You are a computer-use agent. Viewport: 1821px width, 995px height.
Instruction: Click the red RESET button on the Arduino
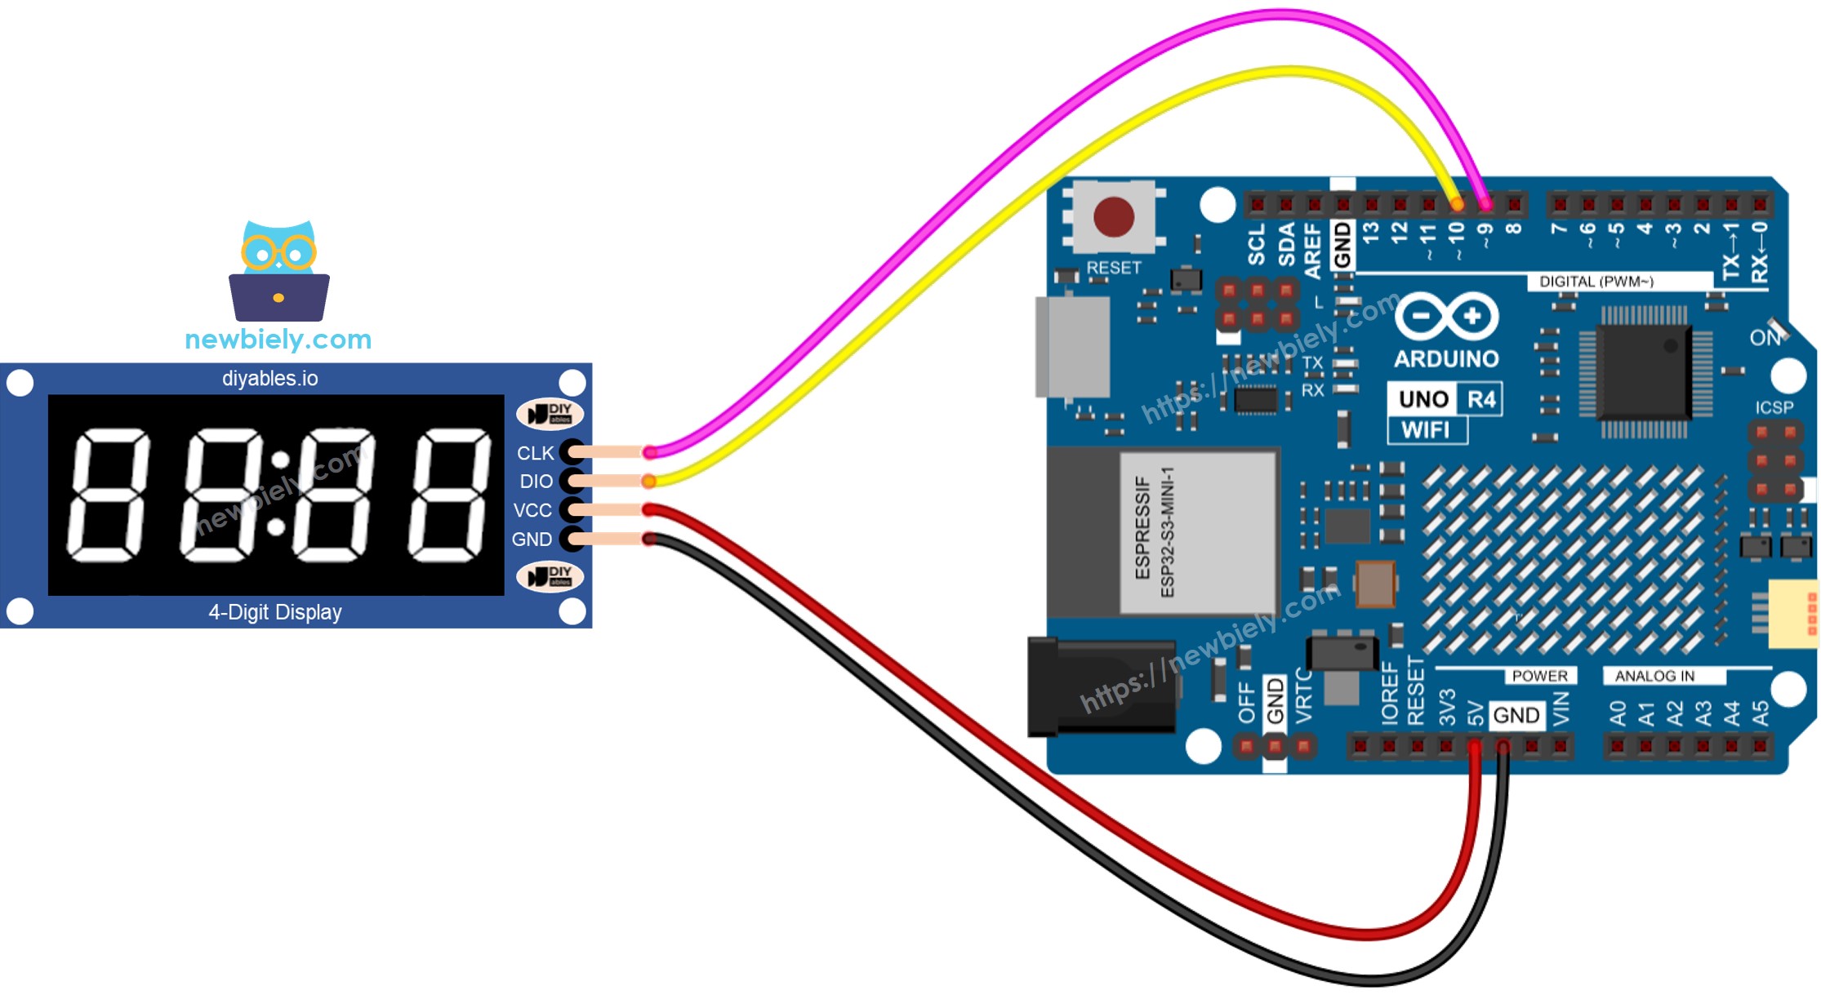point(1113,217)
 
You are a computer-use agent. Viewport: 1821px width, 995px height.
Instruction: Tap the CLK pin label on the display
point(535,453)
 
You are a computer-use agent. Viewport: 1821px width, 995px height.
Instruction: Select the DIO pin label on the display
point(536,482)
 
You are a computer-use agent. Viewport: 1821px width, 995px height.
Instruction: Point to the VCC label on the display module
point(532,510)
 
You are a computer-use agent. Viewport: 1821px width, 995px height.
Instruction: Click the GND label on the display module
point(532,540)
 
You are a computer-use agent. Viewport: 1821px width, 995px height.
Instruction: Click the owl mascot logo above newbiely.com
point(279,271)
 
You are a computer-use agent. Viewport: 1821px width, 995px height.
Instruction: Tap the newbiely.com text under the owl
point(278,339)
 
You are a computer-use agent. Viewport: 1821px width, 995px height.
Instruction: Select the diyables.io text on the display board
point(270,379)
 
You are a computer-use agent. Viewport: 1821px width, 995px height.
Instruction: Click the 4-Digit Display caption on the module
point(275,612)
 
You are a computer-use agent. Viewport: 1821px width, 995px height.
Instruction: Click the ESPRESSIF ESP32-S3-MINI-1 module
point(1196,533)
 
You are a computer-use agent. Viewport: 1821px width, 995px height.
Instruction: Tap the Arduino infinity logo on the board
point(1447,316)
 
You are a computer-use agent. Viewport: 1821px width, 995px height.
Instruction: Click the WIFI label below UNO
point(1426,430)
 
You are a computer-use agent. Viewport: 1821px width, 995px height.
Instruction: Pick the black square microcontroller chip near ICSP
point(1643,371)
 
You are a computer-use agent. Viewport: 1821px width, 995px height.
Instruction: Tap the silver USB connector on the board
point(1072,347)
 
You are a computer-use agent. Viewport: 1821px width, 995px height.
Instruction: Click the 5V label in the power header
point(1475,713)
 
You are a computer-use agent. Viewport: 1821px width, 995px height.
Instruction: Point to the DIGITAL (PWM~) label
point(1596,282)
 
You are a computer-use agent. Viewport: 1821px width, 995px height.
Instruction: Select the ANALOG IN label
point(1654,676)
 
